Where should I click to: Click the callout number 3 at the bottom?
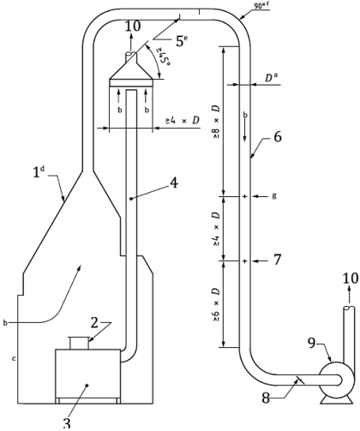[x=66, y=423]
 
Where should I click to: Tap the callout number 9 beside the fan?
[x=312, y=343]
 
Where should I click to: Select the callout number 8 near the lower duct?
[x=266, y=398]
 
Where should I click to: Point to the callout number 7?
[x=277, y=260]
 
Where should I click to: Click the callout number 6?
[x=278, y=137]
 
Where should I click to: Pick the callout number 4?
[x=174, y=183]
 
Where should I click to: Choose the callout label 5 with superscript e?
[x=182, y=40]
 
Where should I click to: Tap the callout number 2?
[x=94, y=323]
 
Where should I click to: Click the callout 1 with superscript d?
[x=39, y=172]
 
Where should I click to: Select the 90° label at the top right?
[x=262, y=5]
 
